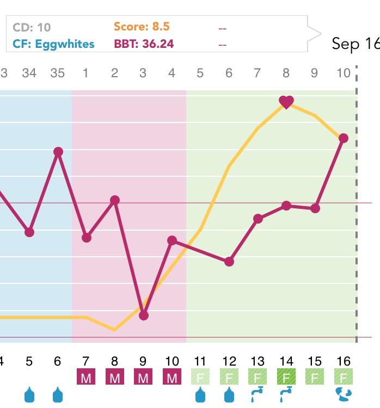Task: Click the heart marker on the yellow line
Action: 286,101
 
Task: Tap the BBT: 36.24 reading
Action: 144,44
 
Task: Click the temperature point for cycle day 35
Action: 58,152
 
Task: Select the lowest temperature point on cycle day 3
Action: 144,316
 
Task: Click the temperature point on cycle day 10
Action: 344,139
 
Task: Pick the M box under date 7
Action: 86,377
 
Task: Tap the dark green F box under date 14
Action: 286,377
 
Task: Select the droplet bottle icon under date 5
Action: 29,395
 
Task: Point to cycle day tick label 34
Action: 29,72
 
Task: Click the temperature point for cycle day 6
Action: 229,262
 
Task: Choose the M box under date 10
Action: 172,377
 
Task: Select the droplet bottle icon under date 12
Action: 229,395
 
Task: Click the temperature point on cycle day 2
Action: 115,200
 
